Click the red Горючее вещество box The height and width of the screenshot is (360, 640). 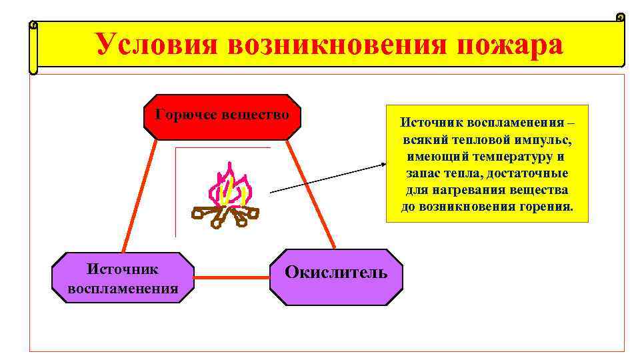click(223, 117)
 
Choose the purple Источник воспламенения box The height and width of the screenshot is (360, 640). click(123, 278)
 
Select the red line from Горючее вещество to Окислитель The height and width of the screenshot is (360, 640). click(312, 193)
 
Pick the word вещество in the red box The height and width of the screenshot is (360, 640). click(259, 113)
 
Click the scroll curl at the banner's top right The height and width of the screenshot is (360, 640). click(620, 17)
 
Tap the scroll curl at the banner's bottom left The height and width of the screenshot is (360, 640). click(33, 69)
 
